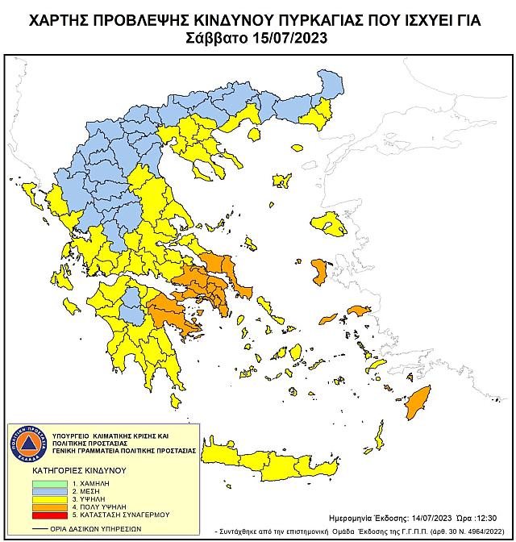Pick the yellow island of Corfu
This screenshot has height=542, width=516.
tap(30, 193)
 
